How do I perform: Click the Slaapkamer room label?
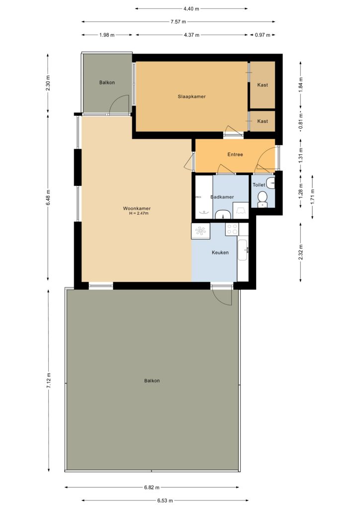pos(191,96)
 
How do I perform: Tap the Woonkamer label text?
pos(137,208)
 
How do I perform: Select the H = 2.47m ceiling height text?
pos(139,213)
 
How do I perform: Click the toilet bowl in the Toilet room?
pos(262,199)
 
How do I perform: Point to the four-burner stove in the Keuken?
pos(232,229)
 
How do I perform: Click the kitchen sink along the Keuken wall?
pos(243,250)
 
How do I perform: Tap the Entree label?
pos(235,155)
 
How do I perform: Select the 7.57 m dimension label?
pos(178,22)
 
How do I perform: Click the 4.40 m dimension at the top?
pos(191,9)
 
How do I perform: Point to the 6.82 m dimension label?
pos(152,487)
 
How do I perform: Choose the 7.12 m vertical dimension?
pos(49,380)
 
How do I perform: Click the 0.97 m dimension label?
pos(262,35)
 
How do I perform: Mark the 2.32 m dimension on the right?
pos(301,252)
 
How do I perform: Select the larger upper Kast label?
pos(263,85)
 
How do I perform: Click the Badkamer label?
pos(222,197)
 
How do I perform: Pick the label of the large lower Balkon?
pos(152,381)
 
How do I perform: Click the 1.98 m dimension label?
pos(107,35)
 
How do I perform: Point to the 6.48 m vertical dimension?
pos(49,197)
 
